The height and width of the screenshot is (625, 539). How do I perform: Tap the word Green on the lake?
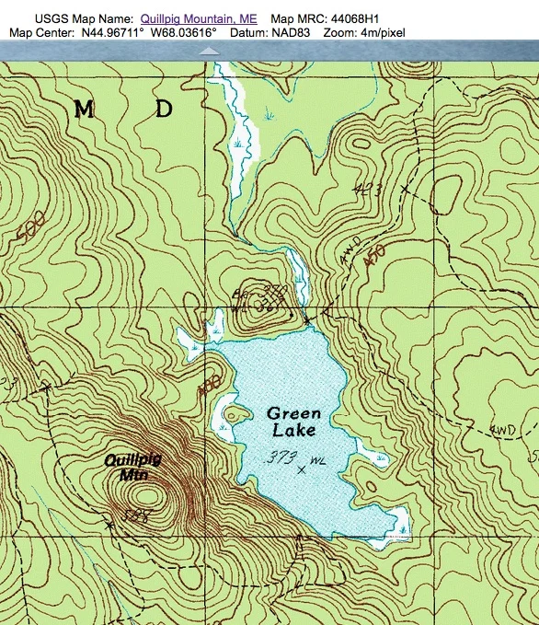295,414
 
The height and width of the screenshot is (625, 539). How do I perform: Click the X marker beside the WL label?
302,469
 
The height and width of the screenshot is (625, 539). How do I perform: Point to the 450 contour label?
373,260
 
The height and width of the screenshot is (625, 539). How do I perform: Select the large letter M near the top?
84,110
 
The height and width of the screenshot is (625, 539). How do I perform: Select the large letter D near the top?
164,110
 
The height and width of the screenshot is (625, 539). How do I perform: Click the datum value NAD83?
294,32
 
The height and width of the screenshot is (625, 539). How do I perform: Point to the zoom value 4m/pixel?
381,32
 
